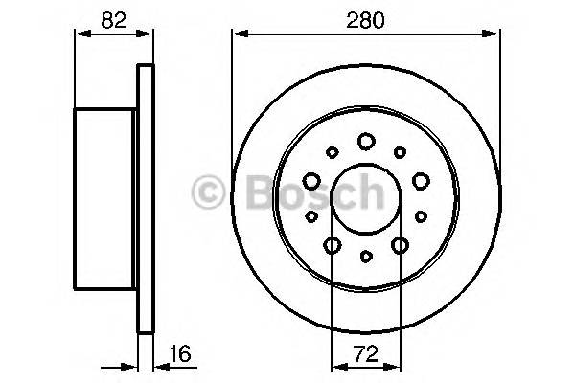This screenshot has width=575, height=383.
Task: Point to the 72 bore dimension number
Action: click(x=365, y=355)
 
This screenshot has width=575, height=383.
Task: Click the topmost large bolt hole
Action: click(x=365, y=142)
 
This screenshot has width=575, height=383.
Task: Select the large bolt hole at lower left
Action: click(x=332, y=246)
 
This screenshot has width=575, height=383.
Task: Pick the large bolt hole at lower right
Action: click(x=400, y=246)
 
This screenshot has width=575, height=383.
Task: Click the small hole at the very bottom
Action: click(x=365, y=257)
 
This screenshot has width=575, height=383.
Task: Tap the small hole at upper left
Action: click(x=332, y=151)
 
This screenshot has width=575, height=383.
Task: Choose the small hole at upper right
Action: click(x=399, y=151)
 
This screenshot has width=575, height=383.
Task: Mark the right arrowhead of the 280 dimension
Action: click(x=495, y=34)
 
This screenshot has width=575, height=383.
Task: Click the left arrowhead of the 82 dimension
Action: click(x=79, y=34)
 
